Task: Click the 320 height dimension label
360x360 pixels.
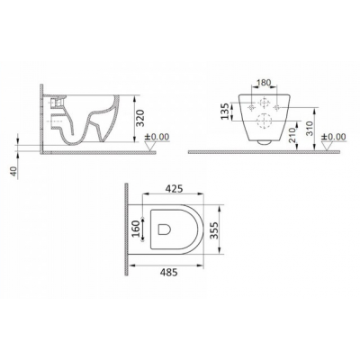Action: coord(141,118)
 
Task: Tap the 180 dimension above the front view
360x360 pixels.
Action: coord(264,83)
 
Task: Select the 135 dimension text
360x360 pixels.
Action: coord(226,111)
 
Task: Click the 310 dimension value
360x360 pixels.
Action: coord(310,128)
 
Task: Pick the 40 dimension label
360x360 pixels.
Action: coord(14,171)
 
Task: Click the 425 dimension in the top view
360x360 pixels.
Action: coord(174,189)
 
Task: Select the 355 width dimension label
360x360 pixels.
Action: coord(213,230)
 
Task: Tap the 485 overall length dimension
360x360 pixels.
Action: coord(168,273)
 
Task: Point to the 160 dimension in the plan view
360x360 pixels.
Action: coord(136,229)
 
